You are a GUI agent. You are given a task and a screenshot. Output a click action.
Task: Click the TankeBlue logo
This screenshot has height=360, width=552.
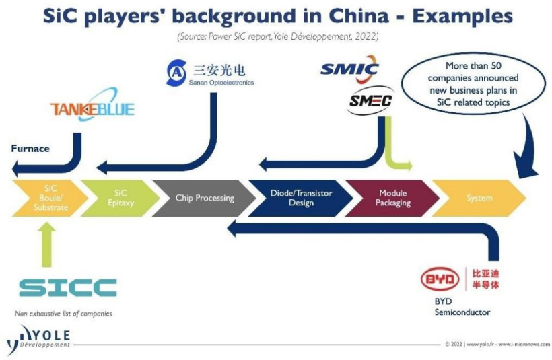click(x=92, y=108)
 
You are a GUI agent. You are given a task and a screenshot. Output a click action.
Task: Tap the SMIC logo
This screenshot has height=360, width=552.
click(x=349, y=70)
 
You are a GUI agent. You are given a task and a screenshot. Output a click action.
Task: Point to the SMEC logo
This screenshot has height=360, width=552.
click(x=371, y=102)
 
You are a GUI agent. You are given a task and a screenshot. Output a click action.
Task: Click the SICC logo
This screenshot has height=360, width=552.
click(x=67, y=287)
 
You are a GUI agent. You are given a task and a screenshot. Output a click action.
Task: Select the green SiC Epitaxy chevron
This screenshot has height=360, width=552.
click(x=120, y=198)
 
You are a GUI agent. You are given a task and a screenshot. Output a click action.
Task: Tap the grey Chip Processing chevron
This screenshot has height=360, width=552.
click(x=203, y=198)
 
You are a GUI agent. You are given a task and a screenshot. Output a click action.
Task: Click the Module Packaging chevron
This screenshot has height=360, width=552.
click(x=392, y=198)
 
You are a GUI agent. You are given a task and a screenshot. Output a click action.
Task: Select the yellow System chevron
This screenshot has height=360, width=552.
click(x=479, y=198)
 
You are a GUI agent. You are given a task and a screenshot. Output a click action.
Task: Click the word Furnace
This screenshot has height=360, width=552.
click(x=30, y=148)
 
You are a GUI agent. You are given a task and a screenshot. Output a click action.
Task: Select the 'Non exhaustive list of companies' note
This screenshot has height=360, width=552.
click(x=63, y=314)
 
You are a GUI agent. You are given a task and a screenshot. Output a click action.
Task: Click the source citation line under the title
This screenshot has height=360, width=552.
click(x=276, y=36)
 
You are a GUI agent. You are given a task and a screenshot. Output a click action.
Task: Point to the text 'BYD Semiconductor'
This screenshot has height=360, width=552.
click(x=462, y=307)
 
